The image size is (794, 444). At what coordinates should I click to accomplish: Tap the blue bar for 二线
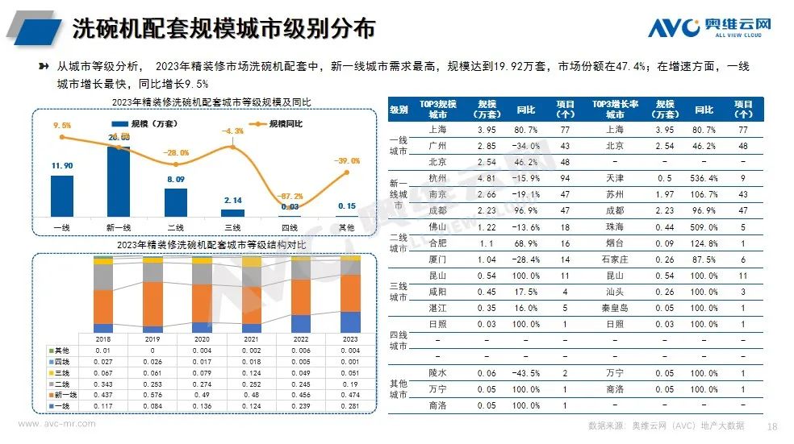(175, 201)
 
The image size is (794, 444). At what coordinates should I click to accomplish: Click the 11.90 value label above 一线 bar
(61, 166)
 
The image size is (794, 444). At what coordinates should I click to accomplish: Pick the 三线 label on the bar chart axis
(232, 228)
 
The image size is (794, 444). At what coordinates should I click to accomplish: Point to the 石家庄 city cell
(614, 260)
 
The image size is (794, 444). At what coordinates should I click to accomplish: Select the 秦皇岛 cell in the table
(614, 309)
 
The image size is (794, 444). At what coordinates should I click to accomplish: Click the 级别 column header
(399, 109)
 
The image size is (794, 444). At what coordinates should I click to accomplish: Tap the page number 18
(772, 425)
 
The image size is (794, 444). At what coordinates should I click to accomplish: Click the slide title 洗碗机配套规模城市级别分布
(224, 29)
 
